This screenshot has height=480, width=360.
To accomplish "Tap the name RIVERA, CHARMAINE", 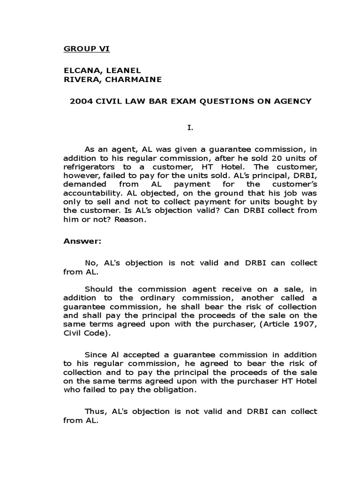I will tap(112, 79).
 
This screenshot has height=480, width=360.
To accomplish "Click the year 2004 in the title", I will tap(79, 101).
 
